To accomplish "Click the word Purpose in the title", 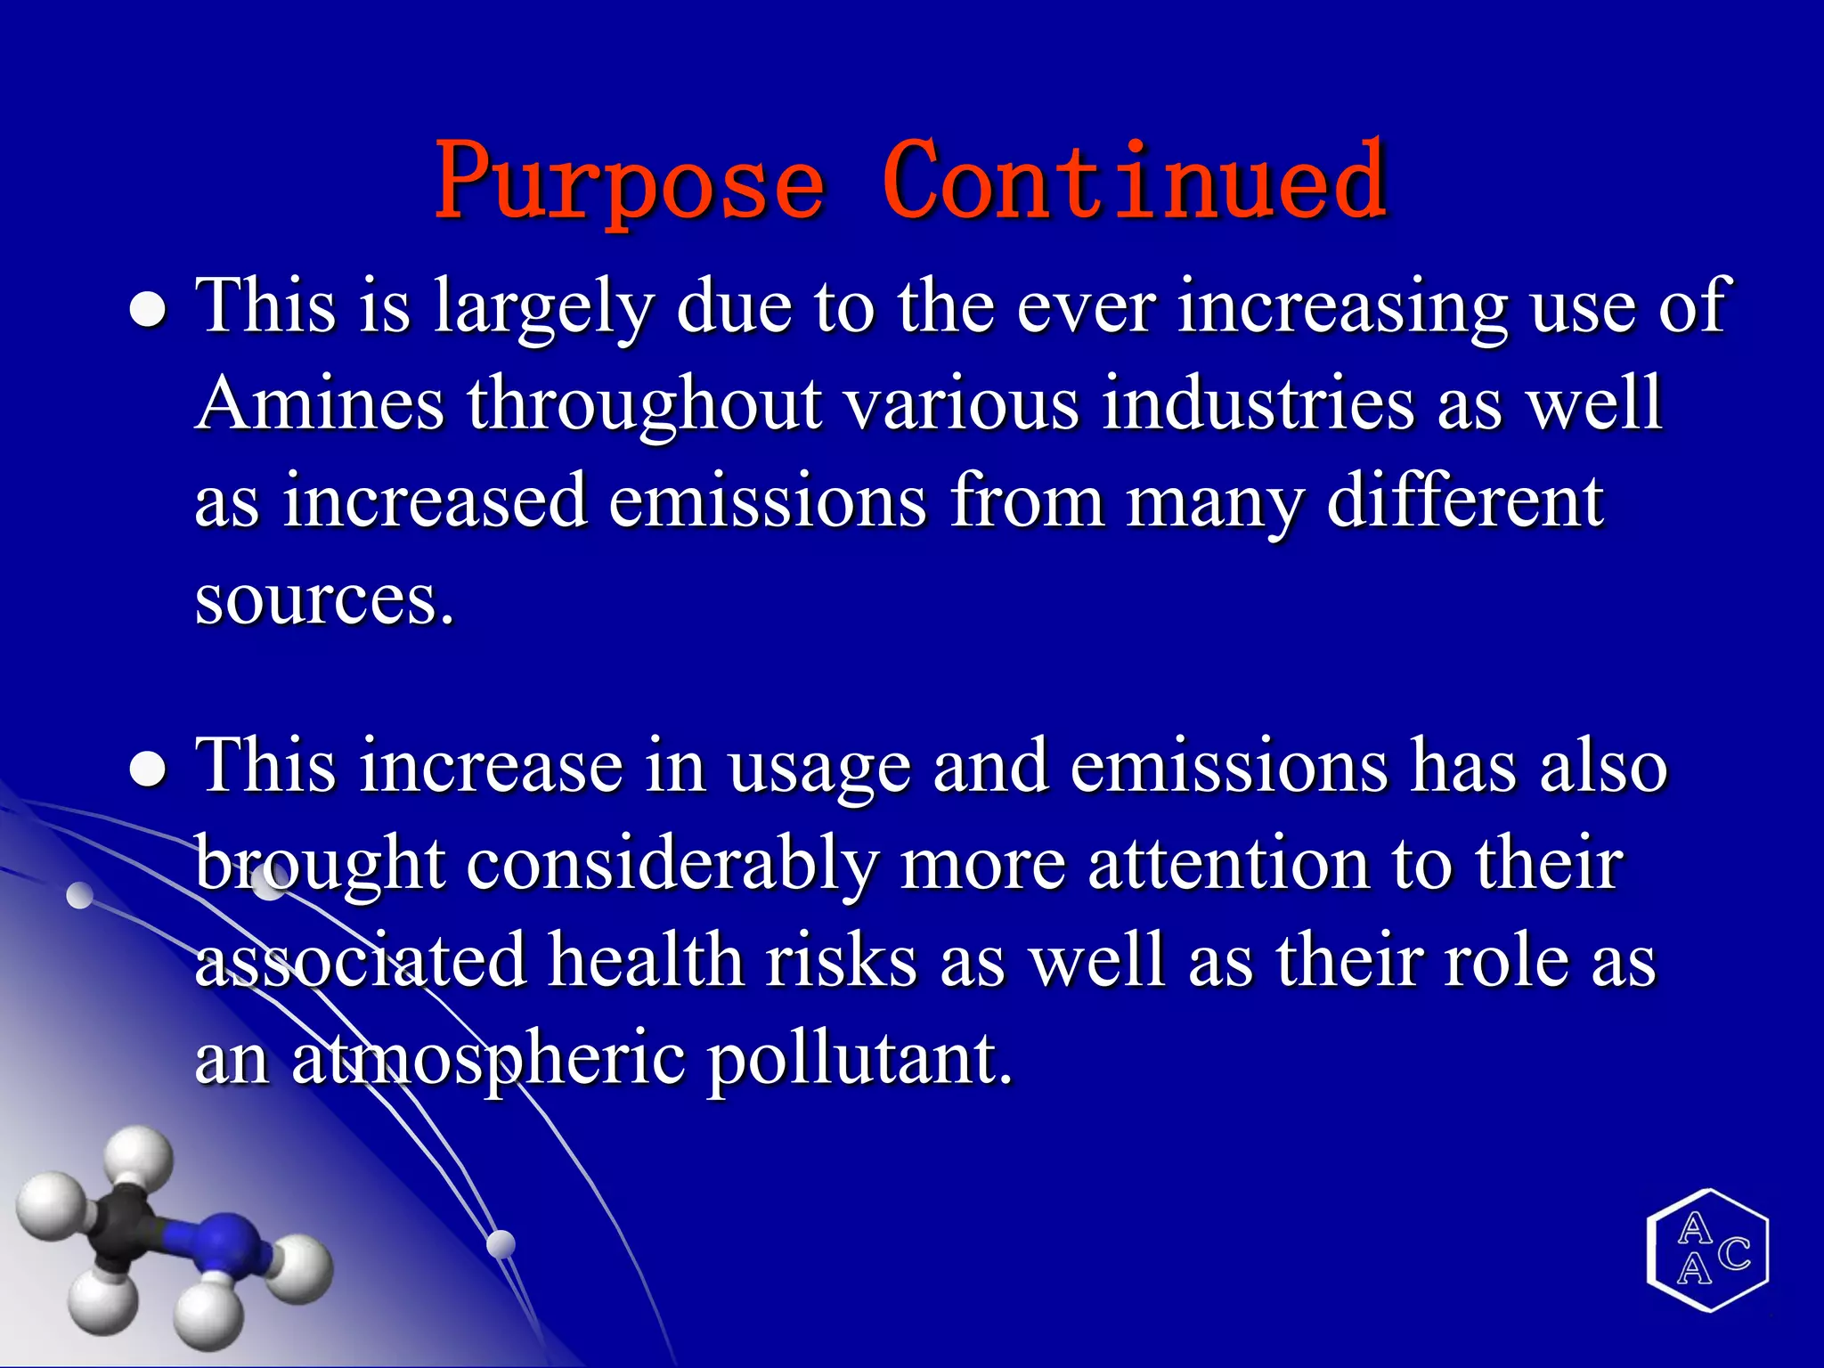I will [x=630, y=183].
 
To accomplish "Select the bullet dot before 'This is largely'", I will [x=148, y=311].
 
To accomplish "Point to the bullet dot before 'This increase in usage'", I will [x=148, y=770].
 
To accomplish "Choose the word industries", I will [x=1257, y=403].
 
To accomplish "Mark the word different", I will [x=1465, y=501].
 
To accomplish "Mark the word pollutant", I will [x=860, y=1061].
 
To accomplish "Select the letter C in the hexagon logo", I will [x=1733, y=1254].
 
